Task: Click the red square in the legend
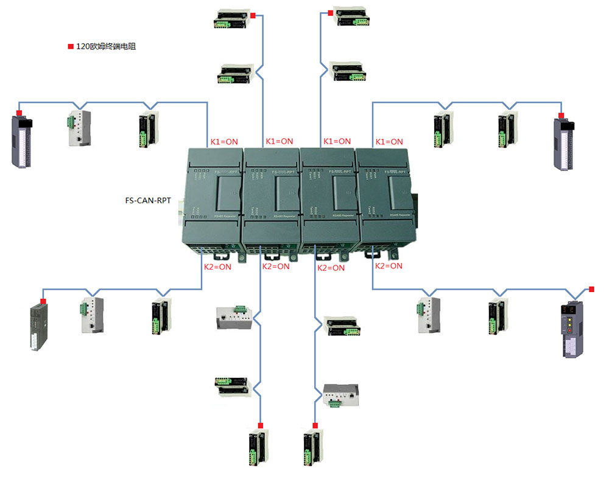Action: [70, 46]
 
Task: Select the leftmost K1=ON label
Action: [224, 142]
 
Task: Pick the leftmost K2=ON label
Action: [217, 267]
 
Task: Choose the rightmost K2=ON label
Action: [389, 266]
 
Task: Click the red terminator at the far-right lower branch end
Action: [590, 288]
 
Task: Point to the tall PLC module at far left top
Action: [23, 142]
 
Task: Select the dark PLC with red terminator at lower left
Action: [38, 326]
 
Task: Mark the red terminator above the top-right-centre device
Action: [330, 12]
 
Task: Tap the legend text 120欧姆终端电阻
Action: [105, 46]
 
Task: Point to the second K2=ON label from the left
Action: [276, 267]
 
